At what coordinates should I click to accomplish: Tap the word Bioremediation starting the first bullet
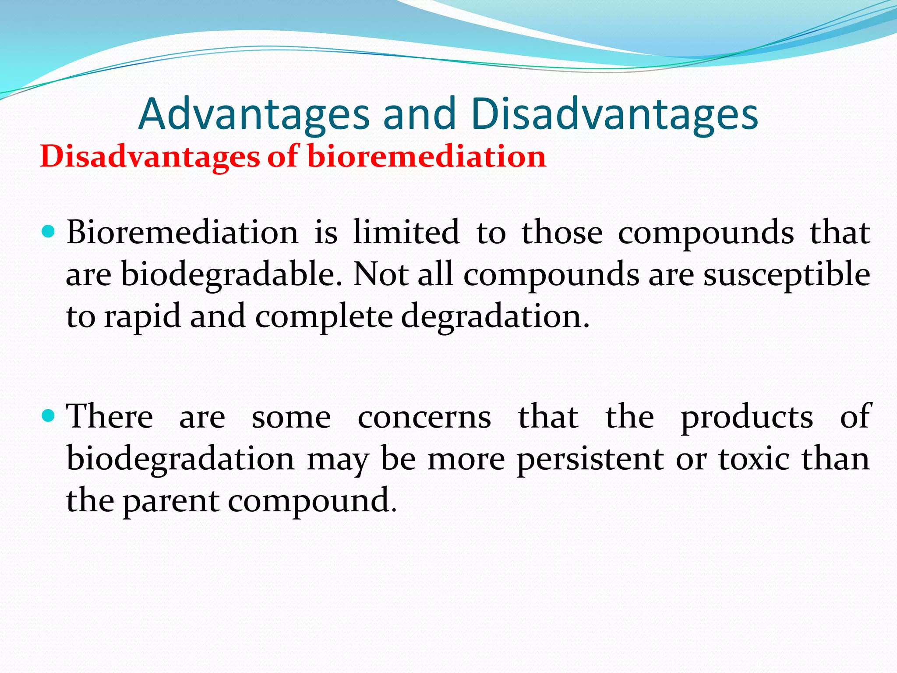click(x=182, y=232)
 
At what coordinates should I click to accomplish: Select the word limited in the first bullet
click(x=406, y=232)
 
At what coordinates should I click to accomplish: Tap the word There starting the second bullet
click(x=110, y=416)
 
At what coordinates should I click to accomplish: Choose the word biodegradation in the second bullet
click(x=180, y=459)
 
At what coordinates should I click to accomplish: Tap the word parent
click(x=171, y=501)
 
